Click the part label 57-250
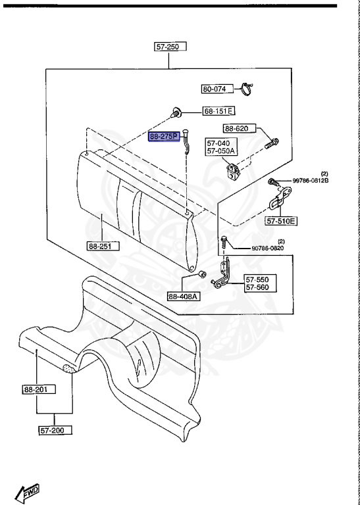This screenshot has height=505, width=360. tap(170, 47)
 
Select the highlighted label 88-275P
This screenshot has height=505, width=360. tap(164, 137)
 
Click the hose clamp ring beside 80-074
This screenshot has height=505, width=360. tap(247, 89)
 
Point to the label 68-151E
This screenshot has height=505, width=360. tap(219, 111)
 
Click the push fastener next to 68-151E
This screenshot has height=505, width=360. tap(176, 113)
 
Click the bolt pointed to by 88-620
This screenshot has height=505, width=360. tap(272, 143)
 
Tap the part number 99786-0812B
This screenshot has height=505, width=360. tap(311, 181)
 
